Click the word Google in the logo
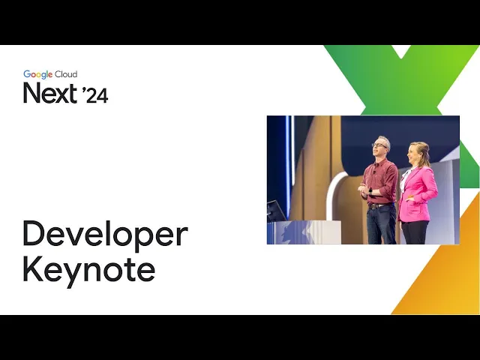pyautogui.click(x=38, y=74)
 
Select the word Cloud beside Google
pyautogui.click(x=66, y=74)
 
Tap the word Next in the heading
pyautogui.click(x=50, y=93)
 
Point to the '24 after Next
pyautogui.click(x=95, y=95)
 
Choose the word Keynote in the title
pyautogui.click(x=88, y=271)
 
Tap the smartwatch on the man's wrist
pyautogui.click(x=370, y=192)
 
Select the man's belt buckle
pyautogui.click(x=373, y=206)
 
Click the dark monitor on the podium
pyautogui.click(x=276, y=211)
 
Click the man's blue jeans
pyautogui.click(x=381, y=224)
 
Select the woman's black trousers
pyautogui.click(x=415, y=232)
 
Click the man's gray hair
pyautogui.click(x=385, y=141)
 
